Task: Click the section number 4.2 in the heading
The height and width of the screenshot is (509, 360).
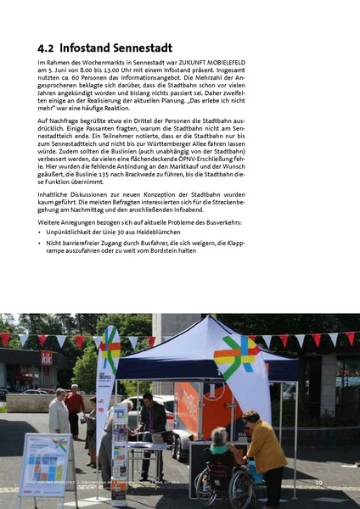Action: click(48, 48)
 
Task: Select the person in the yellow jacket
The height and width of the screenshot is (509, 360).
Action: click(264, 454)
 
